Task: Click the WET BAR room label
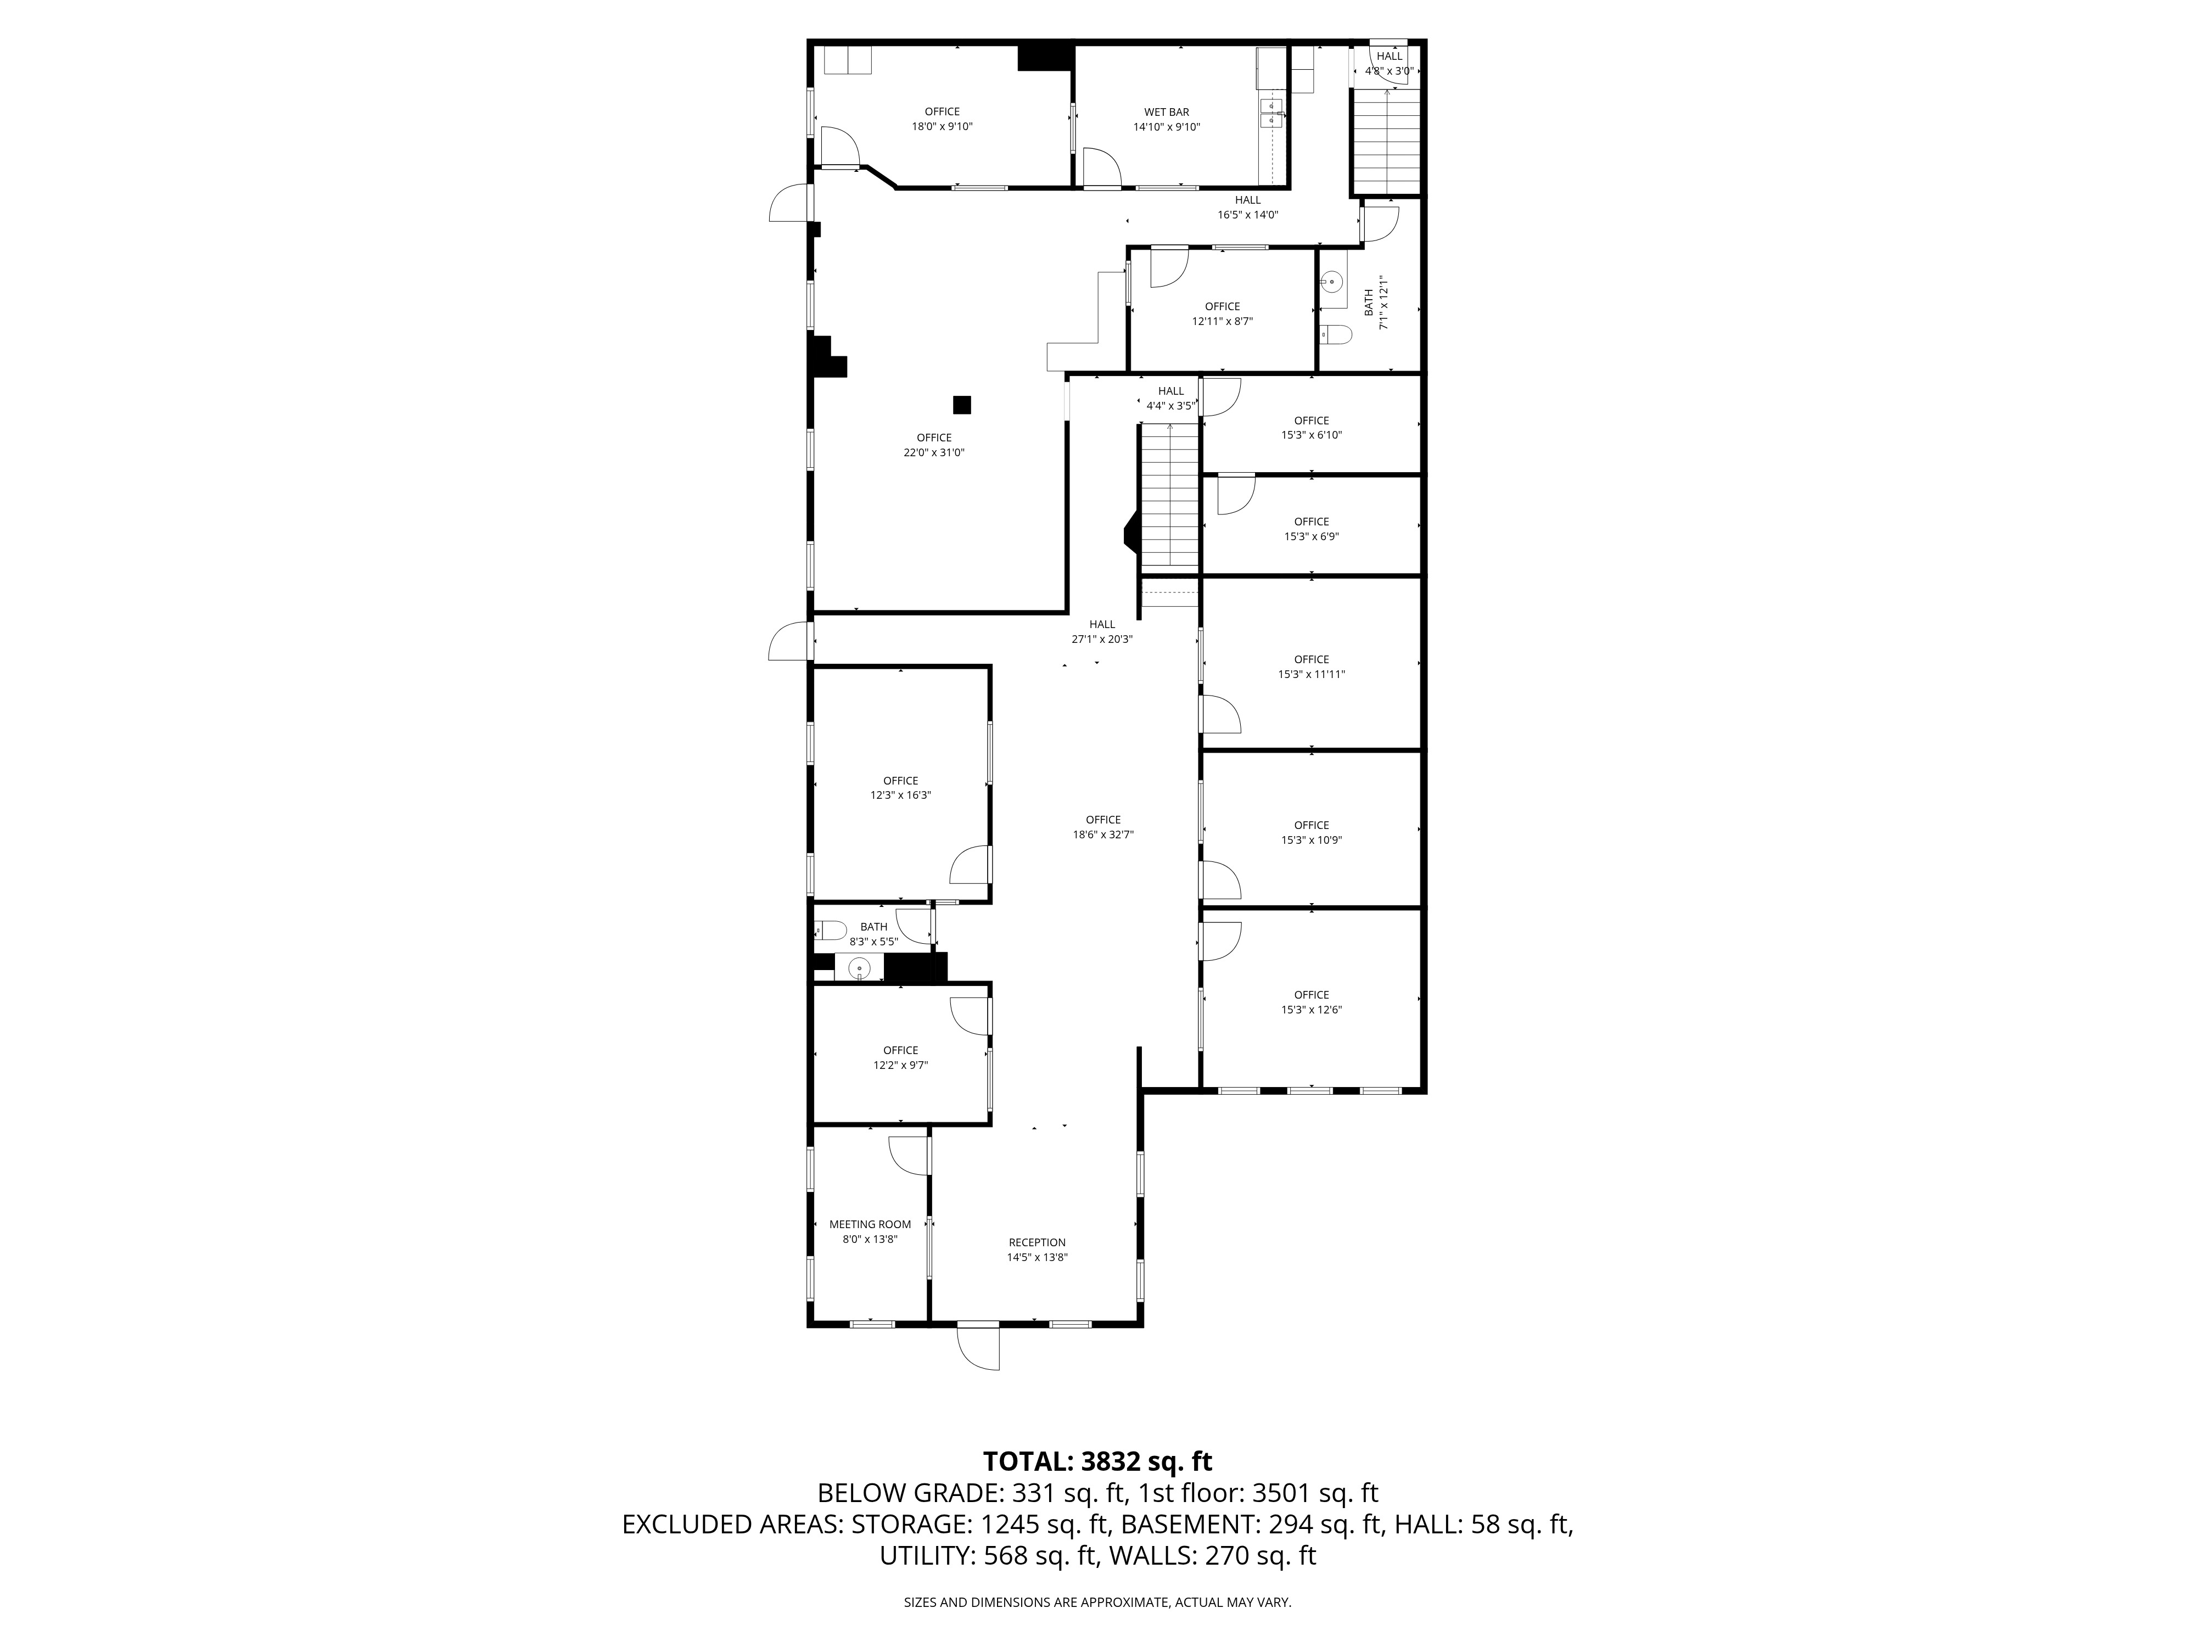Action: pyautogui.click(x=1167, y=112)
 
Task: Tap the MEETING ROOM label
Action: pyautogui.click(x=870, y=1224)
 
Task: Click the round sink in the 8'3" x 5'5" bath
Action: pyautogui.click(x=859, y=967)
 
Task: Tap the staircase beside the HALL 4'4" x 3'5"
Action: pyautogui.click(x=1170, y=496)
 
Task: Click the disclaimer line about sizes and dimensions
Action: pyautogui.click(x=1097, y=1603)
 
